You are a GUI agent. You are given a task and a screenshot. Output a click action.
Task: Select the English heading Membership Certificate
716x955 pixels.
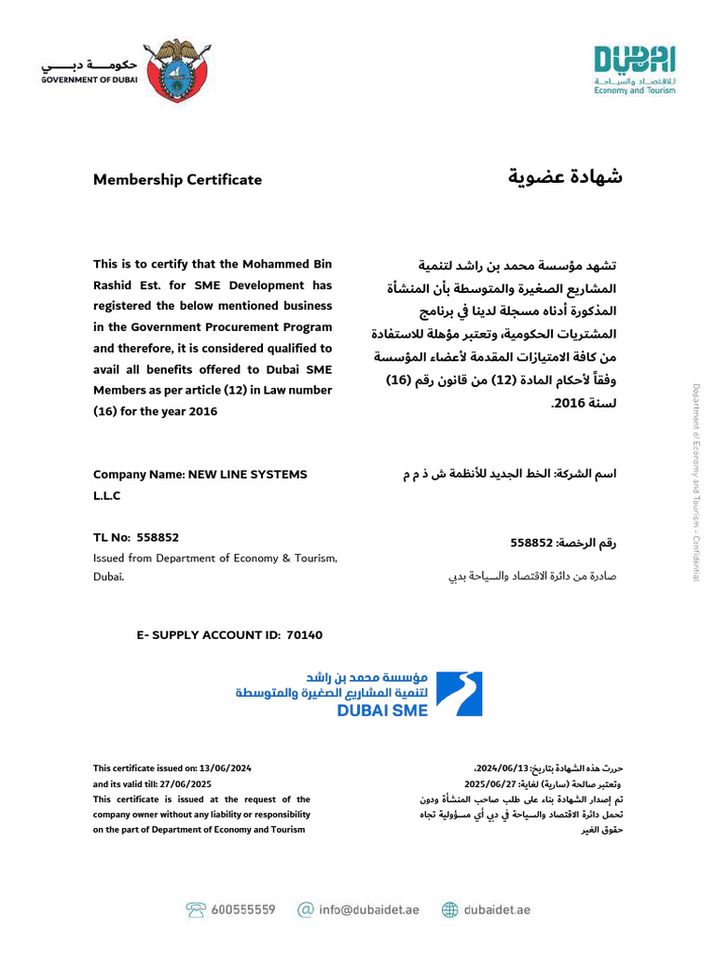pyautogui.click(x=177, y=180)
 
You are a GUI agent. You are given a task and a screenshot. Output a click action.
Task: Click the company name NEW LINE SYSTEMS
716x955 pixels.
pyautogui.click(x=247, y=475)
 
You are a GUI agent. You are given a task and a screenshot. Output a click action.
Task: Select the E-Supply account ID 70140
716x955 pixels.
pyautogui.click(x=304, y=635)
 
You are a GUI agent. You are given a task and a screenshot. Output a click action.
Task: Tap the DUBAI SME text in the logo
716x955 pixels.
pyautogui.click(x=382, y=711)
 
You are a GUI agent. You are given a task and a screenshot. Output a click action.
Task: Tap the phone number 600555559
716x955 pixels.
pyautogui.click(x=243, y=909)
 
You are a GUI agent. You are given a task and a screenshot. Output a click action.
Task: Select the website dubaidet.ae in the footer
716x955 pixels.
pyautogui.click(x=497, y=909)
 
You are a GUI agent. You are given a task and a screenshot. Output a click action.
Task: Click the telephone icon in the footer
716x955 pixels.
pyautogui.click(x=196, y=909)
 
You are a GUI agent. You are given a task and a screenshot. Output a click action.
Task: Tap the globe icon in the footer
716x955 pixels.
pyautogui.click(x=450, y=909)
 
